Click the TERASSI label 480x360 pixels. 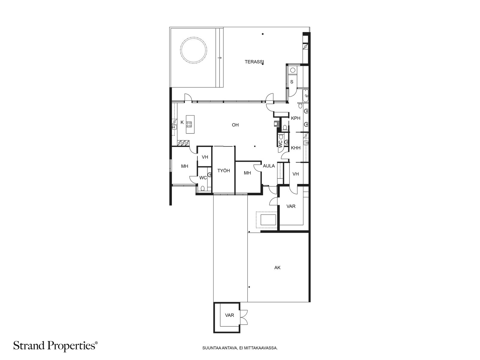pyautogui.click(x=254, y=62)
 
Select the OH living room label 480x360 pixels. pyautogui.click(x=235, y=125)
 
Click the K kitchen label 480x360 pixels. pyautogui.click(x=182, y=122)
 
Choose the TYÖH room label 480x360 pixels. pyautogui.click(x=223, y=171)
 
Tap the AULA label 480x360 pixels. pyautogui.click(x=269, y=166)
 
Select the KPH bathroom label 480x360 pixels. pyautogui.click(x=296, y=118)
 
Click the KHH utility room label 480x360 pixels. pyautogui.click(x=296, y=148)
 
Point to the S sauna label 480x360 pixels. pyautogui.click(x=292, y=82)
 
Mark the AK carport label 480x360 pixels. pyautogui.click(x=277, y=268)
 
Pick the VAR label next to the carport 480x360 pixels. pyautogui.click(x=291, y=206)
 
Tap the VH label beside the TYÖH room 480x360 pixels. pyautogui.click(x=205, y=157)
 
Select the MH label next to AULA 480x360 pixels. pyautogui.click(x=247, y=173)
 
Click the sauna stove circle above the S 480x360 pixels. pyautogui.click(x=292, y=70)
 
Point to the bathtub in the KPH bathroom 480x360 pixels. pyautogui.click(x=306, y=96)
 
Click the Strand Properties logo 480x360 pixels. pyautogui.click(x=55, y=346)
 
